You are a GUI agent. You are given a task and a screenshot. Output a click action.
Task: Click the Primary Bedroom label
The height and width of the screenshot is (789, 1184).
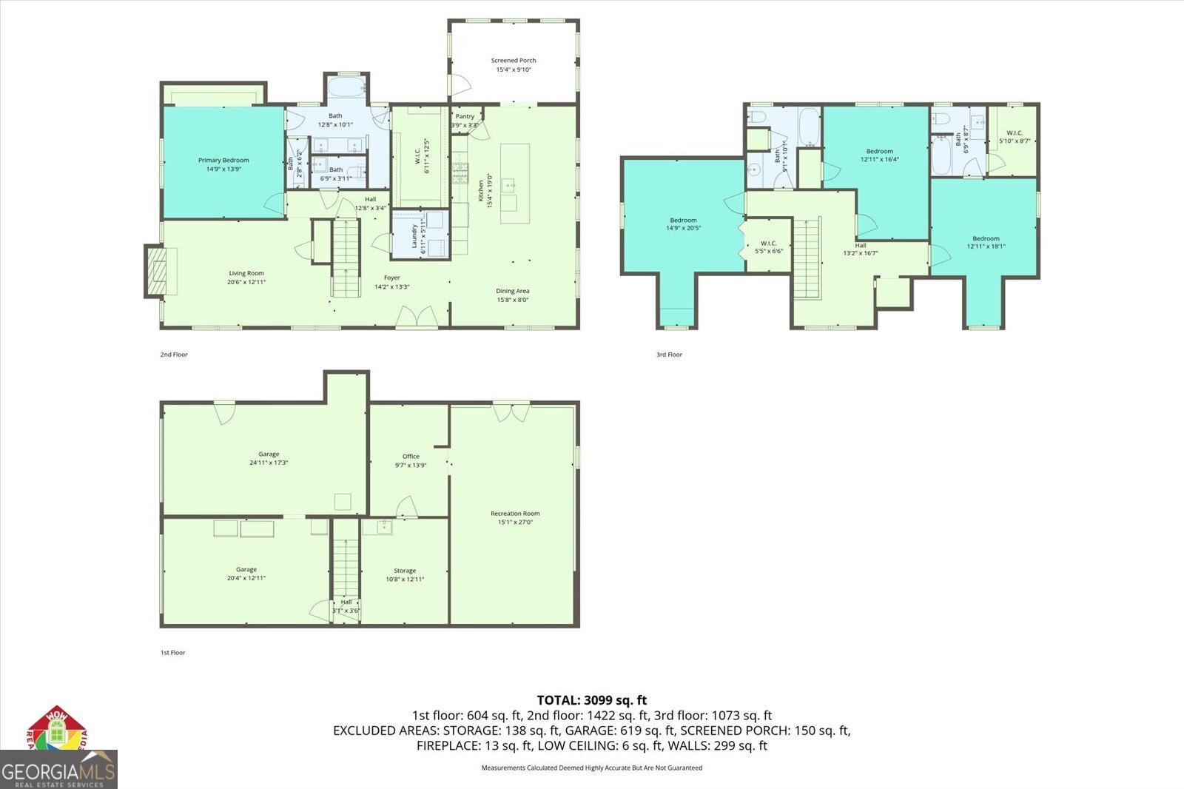tap(223, 164)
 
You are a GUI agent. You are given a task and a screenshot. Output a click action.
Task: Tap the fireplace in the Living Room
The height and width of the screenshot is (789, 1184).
tap(158, 271)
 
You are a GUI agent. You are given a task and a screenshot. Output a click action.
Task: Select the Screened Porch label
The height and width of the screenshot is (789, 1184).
tap(514, 64)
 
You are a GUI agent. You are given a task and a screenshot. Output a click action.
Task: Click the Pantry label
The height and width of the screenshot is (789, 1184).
tap(465, 120)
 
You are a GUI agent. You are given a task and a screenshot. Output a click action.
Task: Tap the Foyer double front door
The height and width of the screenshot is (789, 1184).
tap(417, 318)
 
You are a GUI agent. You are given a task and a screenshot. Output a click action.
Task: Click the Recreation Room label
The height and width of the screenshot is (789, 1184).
tap(515, 517)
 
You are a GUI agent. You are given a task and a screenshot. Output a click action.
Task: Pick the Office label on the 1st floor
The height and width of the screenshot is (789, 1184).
tap(411, 460)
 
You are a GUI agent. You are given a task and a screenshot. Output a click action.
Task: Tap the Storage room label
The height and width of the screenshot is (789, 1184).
tap(405, 574)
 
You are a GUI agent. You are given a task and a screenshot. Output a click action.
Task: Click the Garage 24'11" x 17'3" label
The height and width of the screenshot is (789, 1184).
tap(269, 458)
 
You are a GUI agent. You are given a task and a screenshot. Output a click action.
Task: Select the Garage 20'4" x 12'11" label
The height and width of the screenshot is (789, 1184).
tap(246, 574)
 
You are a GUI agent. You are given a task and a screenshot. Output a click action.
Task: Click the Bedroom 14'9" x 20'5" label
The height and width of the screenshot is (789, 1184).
tap(683, 224)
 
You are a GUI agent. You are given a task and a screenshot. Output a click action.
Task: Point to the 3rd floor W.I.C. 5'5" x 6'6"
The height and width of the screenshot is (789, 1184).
tap(768, 246)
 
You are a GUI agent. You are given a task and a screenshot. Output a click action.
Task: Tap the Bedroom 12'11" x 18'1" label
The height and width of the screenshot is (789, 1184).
tap(986, 242)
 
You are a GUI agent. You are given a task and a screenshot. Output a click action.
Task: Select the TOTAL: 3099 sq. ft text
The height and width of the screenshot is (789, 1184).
tap(591, 699)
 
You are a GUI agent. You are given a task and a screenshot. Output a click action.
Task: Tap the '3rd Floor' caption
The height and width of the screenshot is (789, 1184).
tap(669, 355)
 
